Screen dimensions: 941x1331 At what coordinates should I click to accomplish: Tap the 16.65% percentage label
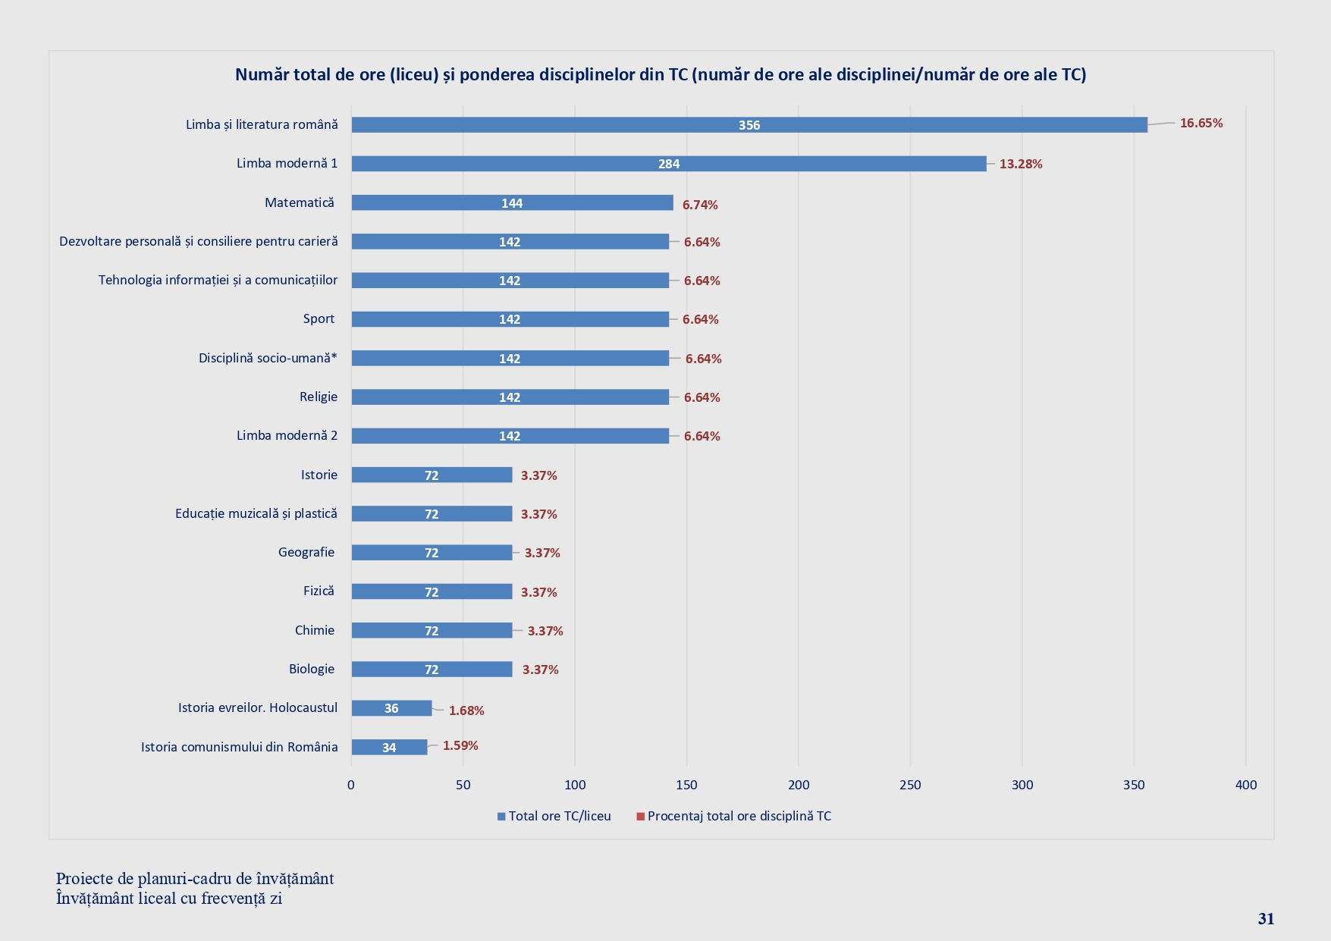(1201, 123)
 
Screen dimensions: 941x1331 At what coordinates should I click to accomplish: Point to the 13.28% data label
(1020, 164)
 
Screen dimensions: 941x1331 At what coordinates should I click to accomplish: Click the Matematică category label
(299, 202)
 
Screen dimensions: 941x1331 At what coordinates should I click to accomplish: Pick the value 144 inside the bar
(512, 203)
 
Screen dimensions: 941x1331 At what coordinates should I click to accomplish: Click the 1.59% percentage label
(460, 745)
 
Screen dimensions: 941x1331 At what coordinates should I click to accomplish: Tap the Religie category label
(318, 397)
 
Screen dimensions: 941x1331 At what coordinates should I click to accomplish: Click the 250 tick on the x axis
(910, 785)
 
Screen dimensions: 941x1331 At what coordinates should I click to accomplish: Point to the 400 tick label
(1245, 785)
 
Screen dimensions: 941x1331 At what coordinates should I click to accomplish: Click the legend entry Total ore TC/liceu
(559, 816)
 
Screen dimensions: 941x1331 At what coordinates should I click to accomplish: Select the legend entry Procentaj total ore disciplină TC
(739, 816)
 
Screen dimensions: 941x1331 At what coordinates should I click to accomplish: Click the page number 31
(1266, 918)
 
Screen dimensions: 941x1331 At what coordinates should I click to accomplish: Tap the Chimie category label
(314, 630)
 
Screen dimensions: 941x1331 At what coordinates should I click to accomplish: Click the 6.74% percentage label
(699, 205)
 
